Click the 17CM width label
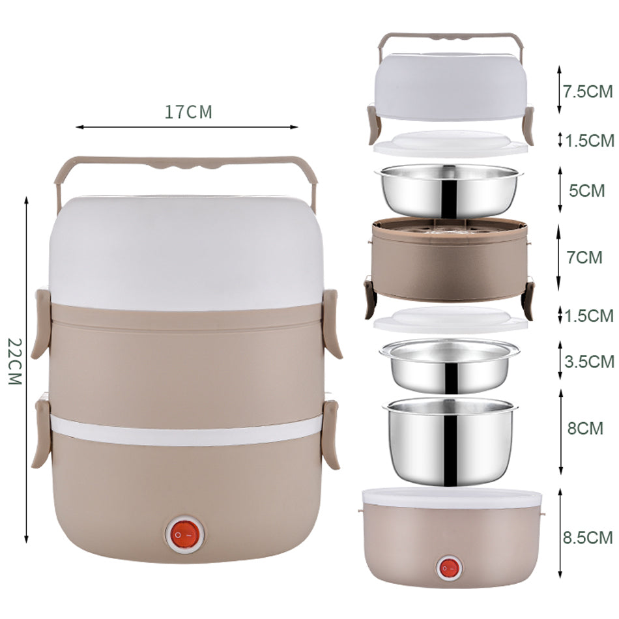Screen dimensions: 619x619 [x=188, y=112]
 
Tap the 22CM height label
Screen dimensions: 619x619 [x=15, y=361]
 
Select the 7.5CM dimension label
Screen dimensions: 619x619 [x=588, y=91]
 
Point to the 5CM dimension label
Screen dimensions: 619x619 [x=586, y=191]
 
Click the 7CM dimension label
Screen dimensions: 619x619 [x=584, y=257]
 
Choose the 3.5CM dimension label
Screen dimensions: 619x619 [x=590, y=362]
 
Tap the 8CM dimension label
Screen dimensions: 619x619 [x=586, y=428]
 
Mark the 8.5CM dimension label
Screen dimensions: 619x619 [x=588, y=538]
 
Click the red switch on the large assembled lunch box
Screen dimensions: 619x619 [x=185, y=534]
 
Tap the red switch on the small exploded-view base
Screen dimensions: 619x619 [x=450, y=568]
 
